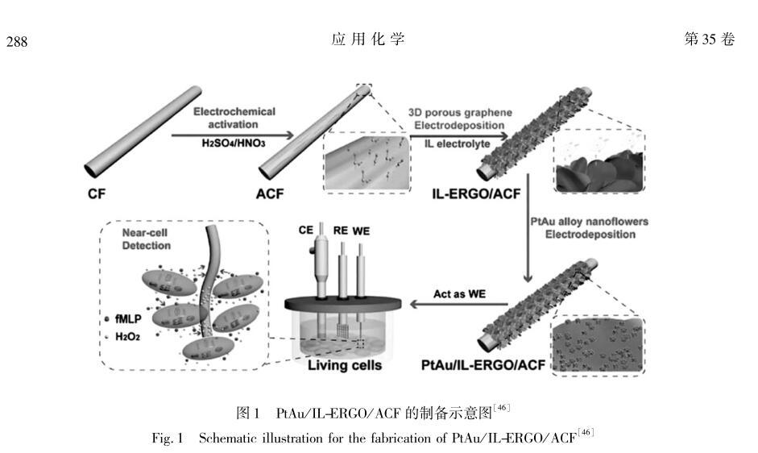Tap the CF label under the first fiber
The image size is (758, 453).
pyautogui.click(x=97, y=193)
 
